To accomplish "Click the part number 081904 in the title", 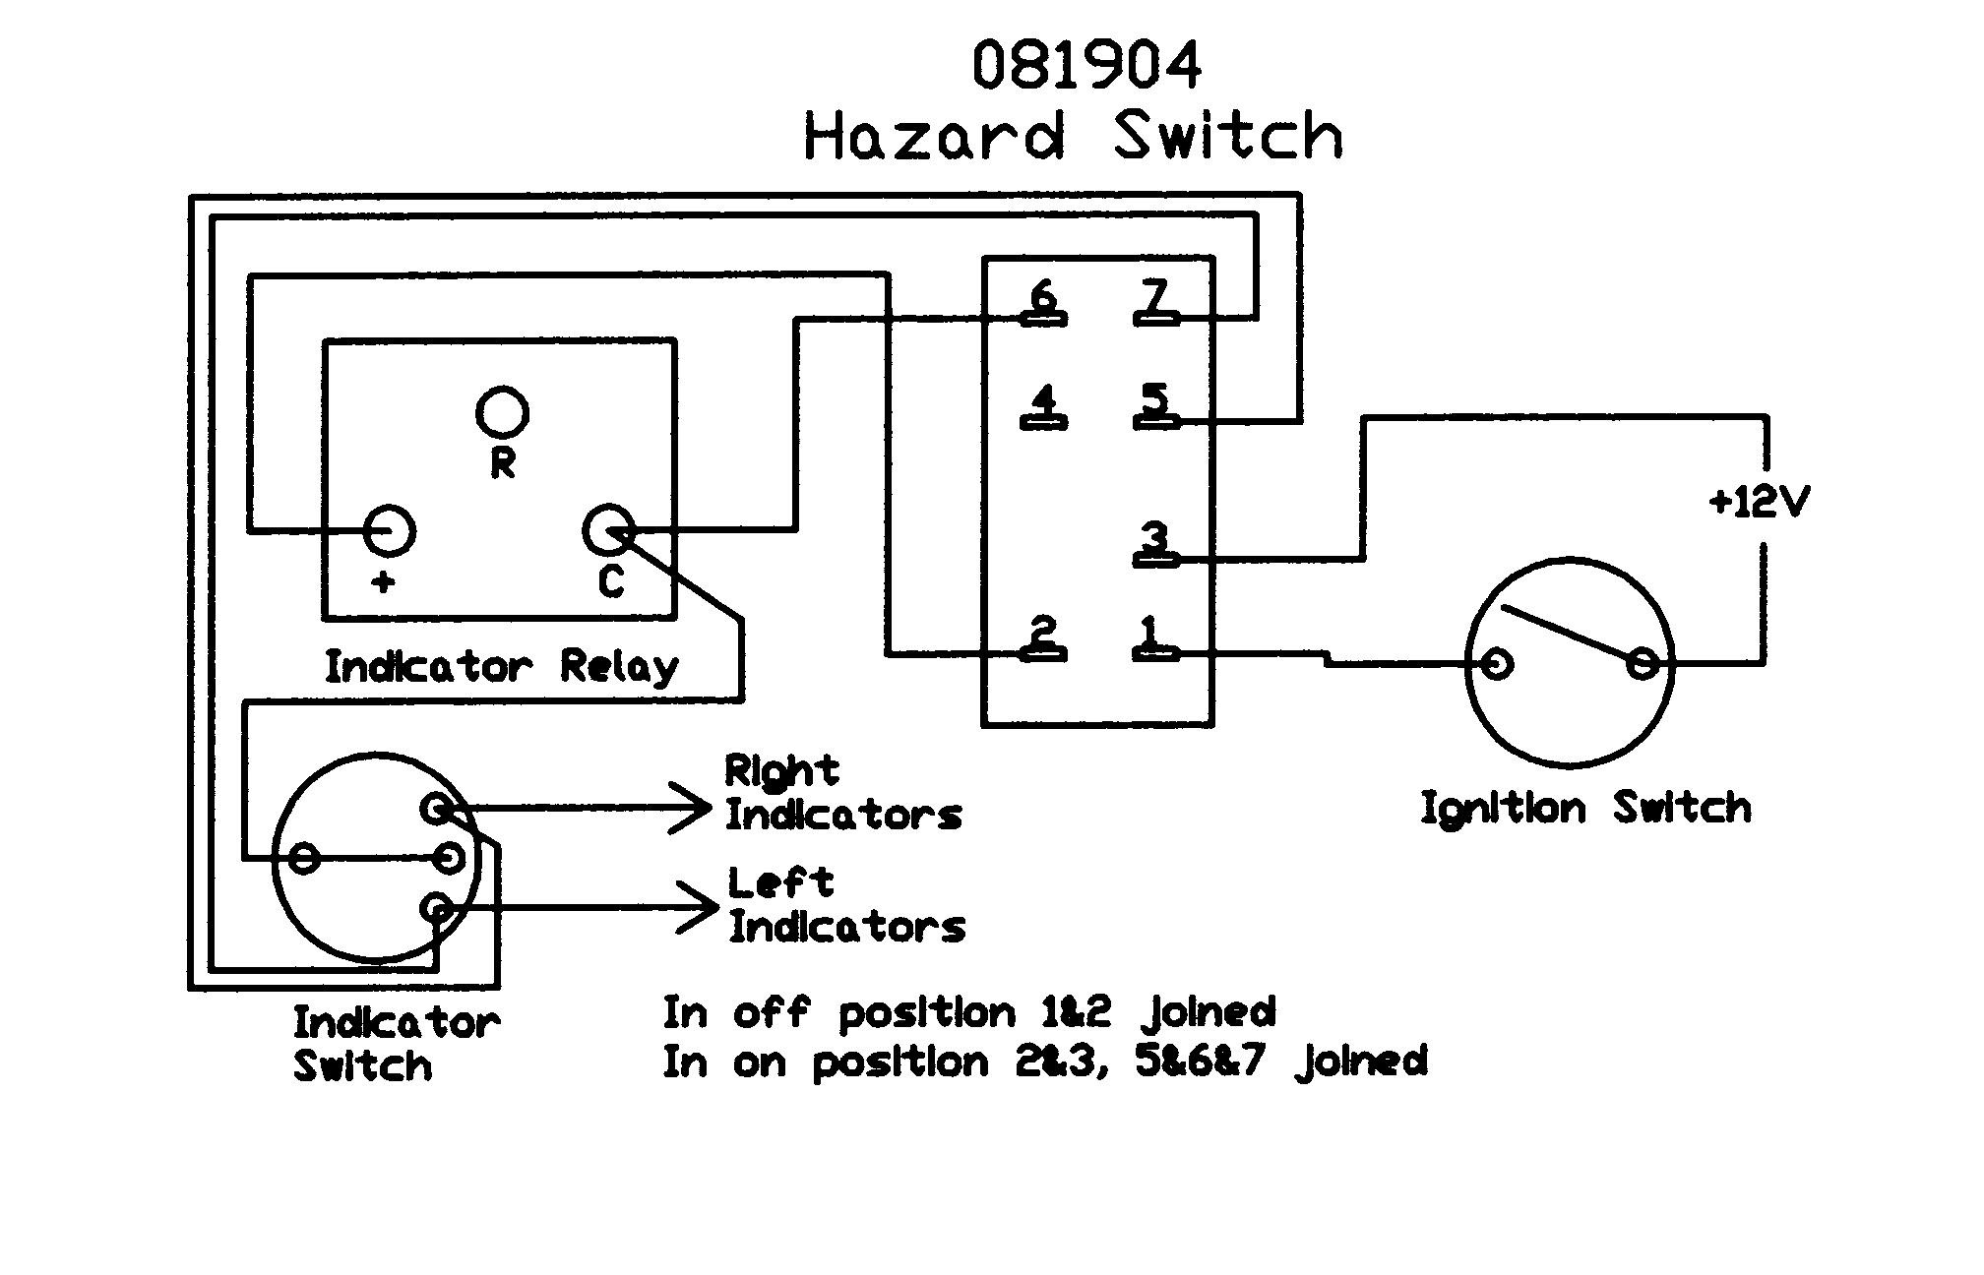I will (1086, 66).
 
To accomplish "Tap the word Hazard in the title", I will (934, 136).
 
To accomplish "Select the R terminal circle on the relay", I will (502, 413).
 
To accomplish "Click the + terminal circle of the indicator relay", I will (390, 531).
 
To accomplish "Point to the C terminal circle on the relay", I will (608, 531).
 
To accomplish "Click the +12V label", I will (1760, 503).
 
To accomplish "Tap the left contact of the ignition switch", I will (1496, 665).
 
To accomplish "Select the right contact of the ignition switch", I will (1642, 665).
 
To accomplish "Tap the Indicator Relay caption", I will (501, 668).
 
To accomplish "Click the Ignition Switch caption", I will (1585, 810).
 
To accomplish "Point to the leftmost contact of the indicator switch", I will (305, 859).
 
